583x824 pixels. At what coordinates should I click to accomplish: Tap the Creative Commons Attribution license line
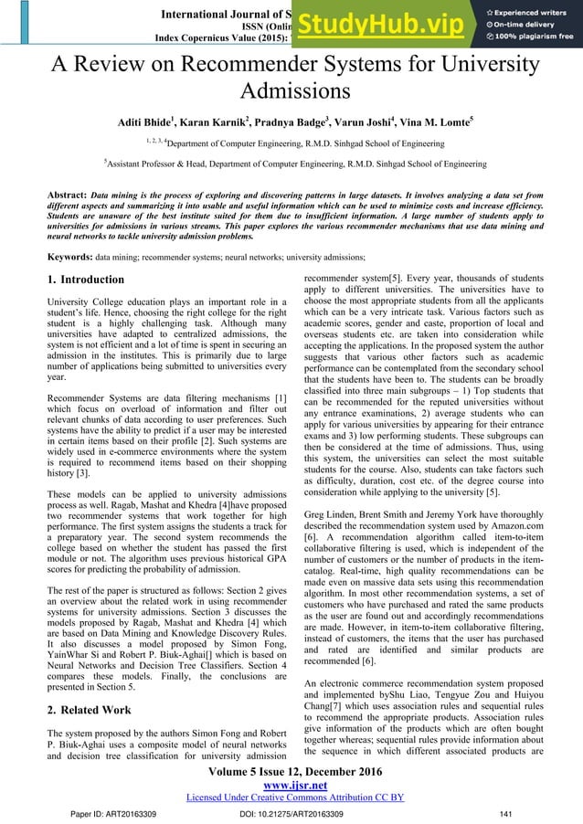[x=291, y=796]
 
